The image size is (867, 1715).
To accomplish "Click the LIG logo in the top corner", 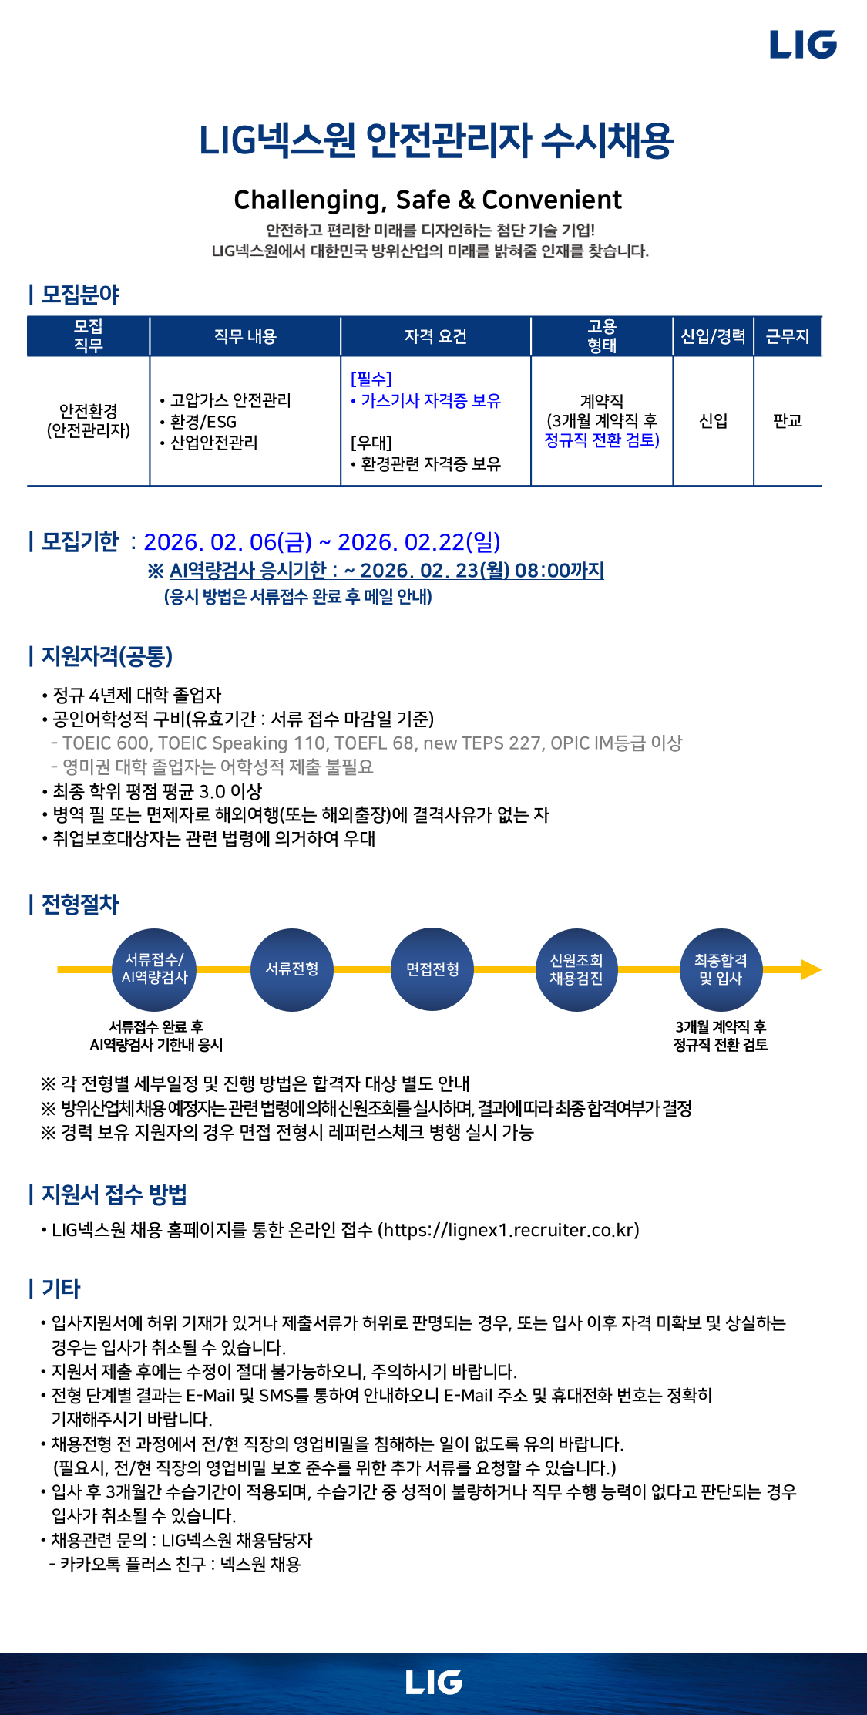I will [x=803, y=45].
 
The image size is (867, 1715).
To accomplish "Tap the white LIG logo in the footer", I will [x=434, y=1683].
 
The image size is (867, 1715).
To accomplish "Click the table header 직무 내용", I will [x=245, y=336].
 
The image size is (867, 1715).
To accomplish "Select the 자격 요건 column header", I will [x=435, y=336].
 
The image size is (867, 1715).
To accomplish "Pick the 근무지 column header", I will [x=788, y=336].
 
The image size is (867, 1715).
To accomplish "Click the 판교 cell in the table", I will [x=788, y=421].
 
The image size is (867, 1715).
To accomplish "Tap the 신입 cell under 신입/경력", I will [x=713, y=421].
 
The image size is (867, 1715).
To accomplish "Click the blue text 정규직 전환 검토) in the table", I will [x=602, y=440].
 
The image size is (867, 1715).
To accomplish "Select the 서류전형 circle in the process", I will [x=292, y=969].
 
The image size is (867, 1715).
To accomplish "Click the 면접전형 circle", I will [x=433, y=969].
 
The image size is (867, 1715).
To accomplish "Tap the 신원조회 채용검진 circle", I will [x=576, y=969].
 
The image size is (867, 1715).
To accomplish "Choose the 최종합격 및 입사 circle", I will [x=721, y=969].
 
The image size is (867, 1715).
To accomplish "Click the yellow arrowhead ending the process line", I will [x=811, y=969].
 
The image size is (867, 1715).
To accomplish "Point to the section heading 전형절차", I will [x=80, y=904].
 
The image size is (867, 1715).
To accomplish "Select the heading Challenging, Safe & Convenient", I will [x=428, y=200].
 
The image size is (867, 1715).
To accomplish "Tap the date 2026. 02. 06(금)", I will [x=228, y=542].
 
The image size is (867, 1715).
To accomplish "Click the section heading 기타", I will [x=61, y=1288].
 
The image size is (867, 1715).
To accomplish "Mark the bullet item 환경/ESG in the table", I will [x=203, y=422].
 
